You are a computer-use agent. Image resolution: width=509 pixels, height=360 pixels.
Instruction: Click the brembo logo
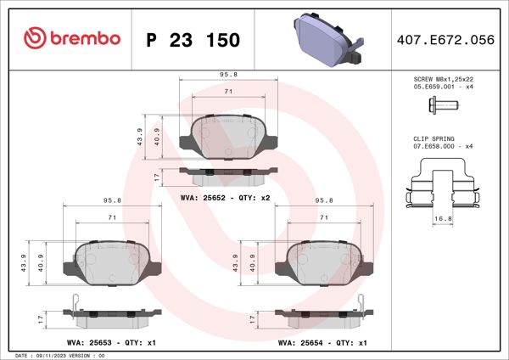tap(72, 39)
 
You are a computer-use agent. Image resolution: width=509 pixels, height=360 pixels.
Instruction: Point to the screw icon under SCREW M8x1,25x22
tap(441, 105)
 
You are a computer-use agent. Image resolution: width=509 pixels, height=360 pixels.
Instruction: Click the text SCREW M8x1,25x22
tap(443, 78)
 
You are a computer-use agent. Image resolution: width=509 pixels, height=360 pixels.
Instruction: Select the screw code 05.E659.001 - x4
tap(443, 87)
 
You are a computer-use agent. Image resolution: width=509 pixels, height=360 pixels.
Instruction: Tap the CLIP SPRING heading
tap(433, 138)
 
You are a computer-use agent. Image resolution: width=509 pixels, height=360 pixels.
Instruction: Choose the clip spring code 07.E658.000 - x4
tap(443, 146)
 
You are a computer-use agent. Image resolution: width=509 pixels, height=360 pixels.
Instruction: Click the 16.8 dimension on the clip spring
tap(442, 218)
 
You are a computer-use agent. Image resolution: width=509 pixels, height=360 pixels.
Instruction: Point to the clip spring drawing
tap(442, 187)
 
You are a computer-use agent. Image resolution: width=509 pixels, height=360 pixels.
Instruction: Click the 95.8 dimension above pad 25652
tap(229, 75)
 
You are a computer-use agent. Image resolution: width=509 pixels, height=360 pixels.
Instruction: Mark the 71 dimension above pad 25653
tap(111, 218)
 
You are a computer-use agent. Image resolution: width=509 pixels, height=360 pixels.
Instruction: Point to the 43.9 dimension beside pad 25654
tap(236, 262)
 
